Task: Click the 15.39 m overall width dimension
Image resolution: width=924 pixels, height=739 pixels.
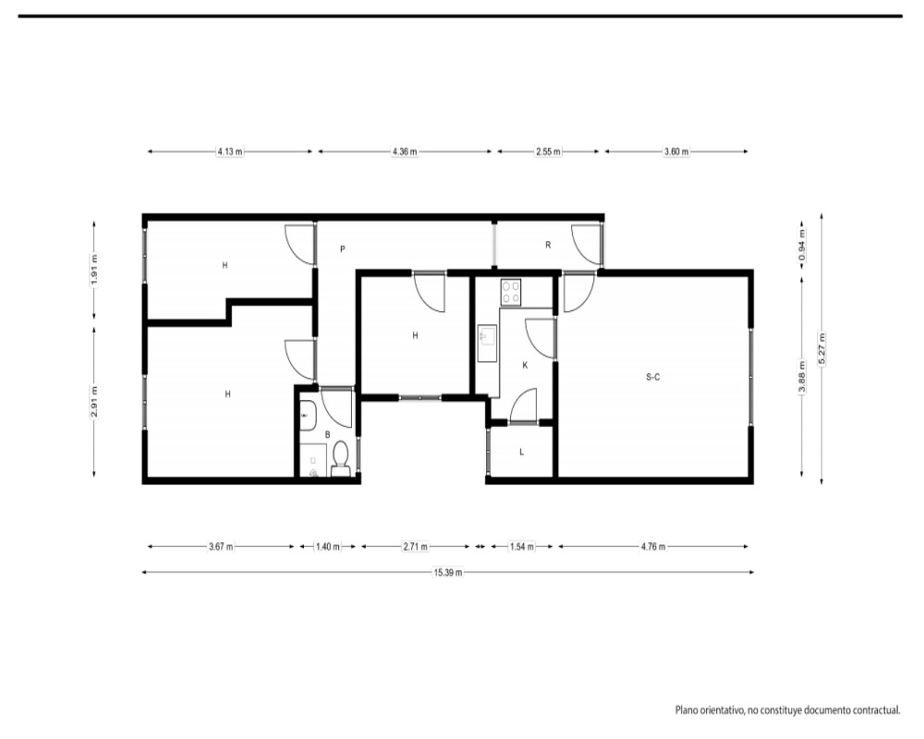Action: tap(448, 572)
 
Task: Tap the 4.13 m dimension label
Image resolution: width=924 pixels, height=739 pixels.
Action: tap(230, 151)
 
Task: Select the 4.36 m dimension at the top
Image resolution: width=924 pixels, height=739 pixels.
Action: tap(405, 151)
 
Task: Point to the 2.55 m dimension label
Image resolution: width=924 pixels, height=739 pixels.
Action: tap(548, 151)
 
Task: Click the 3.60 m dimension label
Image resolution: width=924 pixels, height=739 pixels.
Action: tap(676, 151)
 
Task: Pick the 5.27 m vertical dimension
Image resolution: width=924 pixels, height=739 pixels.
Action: tap(822, 349)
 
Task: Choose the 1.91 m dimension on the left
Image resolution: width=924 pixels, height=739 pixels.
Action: tap(94, 270)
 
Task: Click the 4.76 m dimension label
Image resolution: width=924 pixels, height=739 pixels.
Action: tap(653, 546)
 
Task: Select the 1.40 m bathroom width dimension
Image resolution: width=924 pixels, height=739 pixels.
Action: tap(328, 546)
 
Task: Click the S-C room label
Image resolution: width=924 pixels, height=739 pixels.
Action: tap(653, 377)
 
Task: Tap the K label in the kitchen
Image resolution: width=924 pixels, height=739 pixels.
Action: tap(525, 366)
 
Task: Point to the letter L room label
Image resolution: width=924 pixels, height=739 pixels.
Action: tap(521, 452)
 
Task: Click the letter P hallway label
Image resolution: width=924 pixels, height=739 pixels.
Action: tap(343, 249)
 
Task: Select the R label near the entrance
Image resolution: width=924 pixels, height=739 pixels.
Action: tap(548, 245)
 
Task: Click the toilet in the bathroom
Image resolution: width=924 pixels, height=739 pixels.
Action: tap(340, 460)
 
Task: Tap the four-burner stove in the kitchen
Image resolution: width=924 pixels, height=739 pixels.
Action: tap(510, 292)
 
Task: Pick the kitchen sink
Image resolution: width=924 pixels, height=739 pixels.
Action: tap(487, 344)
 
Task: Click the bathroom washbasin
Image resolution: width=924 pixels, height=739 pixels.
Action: tap(309, 416)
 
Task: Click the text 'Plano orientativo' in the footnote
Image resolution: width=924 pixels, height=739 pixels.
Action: tap(709, 710)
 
